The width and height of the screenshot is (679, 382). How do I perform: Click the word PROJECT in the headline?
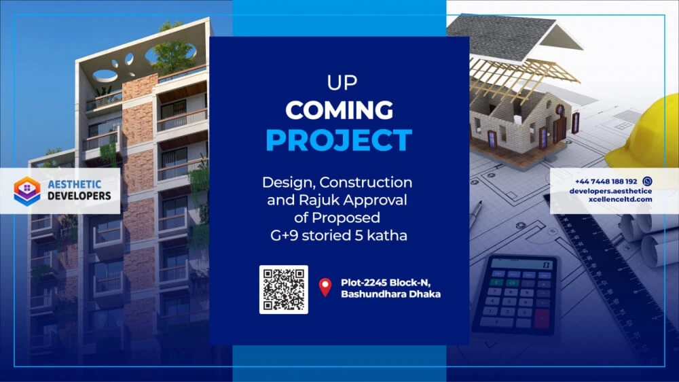coord(339,139)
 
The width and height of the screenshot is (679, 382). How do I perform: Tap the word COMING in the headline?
coord(339,110)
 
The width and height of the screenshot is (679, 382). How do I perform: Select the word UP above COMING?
coord(342,83)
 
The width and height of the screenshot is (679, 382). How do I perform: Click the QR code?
coord(284,289)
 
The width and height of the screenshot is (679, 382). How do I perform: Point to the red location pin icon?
coord(325,287)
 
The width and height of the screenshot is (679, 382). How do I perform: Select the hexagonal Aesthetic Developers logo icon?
coord(27,190)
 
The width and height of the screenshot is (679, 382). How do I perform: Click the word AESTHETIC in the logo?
coord(75,184)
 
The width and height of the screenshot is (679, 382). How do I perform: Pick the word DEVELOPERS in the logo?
coord(79,196)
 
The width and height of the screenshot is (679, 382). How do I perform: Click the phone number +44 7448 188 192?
coord(606,181)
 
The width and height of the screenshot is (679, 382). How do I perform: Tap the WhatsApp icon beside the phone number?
coord(647,181)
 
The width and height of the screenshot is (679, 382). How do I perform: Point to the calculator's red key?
coord(541,319)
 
